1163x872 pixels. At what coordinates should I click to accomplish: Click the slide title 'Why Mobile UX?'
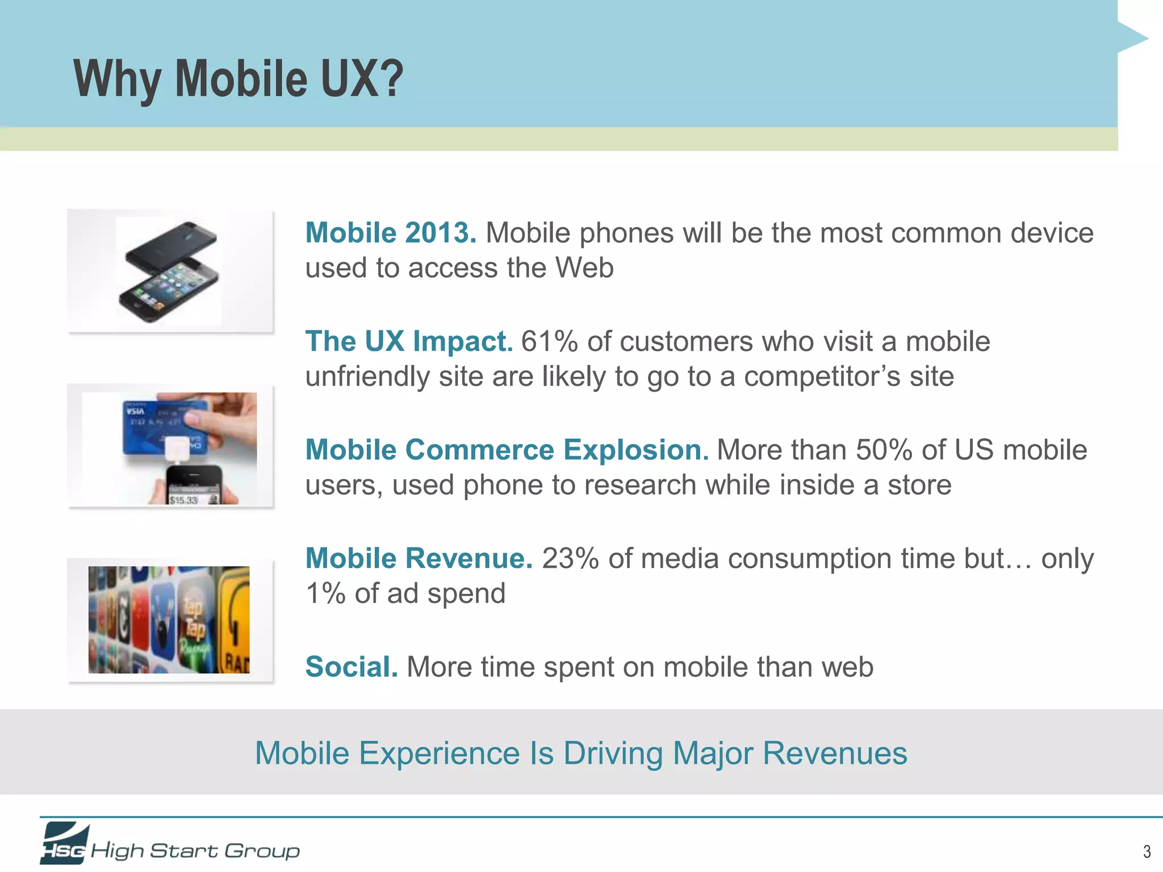coord(238,79)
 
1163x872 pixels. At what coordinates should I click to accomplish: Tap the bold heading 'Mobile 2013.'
coord(391,233)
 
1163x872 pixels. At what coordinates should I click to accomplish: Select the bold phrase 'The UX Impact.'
coord(409,341)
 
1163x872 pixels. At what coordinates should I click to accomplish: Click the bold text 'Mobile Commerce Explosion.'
coord(507,450)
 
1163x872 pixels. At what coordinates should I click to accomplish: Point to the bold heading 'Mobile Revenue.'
coord(419,558)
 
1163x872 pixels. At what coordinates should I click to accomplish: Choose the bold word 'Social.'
coord(352,666)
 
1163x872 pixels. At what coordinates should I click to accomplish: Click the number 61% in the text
coord(549,341)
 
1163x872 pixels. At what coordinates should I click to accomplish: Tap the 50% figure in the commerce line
coord(884,450)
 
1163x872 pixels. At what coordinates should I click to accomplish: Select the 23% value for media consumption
coord(570,558)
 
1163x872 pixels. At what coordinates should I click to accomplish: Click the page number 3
coord(1147,851)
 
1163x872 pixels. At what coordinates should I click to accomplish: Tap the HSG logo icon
coord(64,844)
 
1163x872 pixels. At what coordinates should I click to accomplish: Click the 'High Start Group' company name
coord(195,850)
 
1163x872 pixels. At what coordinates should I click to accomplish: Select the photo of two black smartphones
coord(169,271)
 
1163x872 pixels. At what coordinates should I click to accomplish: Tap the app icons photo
coord(169,619)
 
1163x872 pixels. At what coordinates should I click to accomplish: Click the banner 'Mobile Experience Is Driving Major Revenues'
coord(581,753)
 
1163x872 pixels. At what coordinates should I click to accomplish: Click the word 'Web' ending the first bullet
coord(584,267)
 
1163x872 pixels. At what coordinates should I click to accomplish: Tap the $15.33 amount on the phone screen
coord(183,500)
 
